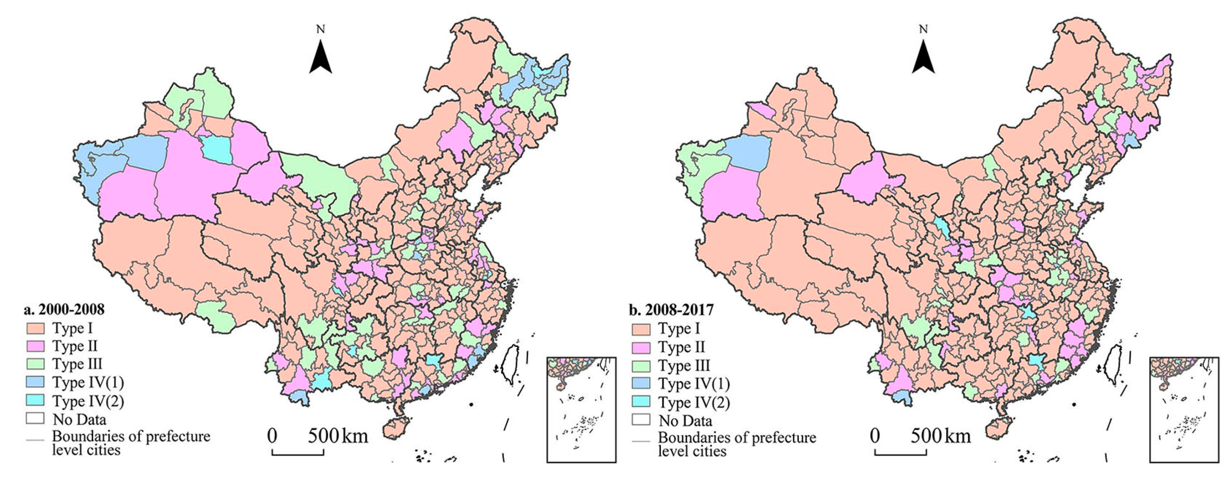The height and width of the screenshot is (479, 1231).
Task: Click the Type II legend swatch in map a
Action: tap(35, 346)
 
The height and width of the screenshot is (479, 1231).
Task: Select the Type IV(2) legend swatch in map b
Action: tap(641, 402)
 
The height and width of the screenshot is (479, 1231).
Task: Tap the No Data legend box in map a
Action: tap(35, 419)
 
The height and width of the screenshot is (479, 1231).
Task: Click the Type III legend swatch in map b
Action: tap(641, 366)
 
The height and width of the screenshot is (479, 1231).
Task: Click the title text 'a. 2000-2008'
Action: tap(64, 309)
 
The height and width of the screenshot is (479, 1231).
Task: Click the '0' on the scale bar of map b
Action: tap(874, 435)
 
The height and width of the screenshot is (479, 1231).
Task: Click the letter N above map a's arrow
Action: tap(321, 30)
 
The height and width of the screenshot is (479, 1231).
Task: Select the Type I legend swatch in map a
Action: tap(35, 328)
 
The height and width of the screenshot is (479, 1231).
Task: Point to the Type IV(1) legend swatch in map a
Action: tap(35, 382)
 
